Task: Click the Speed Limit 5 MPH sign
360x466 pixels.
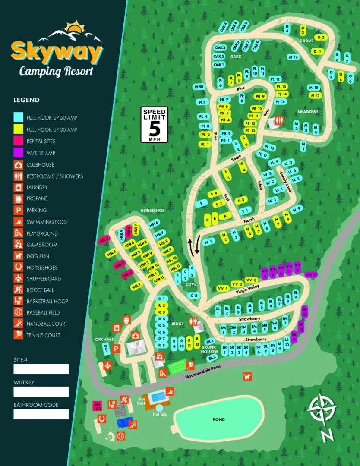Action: coord(154,125)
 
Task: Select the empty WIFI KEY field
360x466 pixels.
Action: coord(41,391)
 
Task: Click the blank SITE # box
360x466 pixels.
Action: coord(41,369)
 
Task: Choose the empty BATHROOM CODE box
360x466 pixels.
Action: coord(41,414)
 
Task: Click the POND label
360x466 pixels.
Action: coord(219,419)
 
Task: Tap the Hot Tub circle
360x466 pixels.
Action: coord(159,407)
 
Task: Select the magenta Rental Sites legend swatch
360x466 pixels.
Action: coord(19,141)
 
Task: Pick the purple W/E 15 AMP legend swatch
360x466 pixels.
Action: coord(19,153)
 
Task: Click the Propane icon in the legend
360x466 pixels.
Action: coord(19,198)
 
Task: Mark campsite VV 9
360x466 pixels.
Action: coord(311,274)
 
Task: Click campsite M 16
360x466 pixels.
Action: coord(293,57)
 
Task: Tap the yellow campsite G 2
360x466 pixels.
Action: coord(320,38)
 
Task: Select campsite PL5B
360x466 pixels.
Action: coord(199,87)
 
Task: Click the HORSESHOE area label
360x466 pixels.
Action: coord(152,211)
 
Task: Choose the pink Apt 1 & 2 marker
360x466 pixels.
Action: coord(98,406)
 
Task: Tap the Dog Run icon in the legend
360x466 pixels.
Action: coord(19,256)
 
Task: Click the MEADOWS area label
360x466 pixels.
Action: coord(308,112)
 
